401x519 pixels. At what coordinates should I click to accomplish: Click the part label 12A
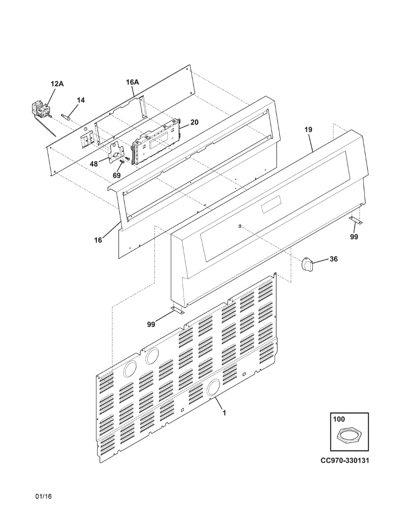click(57, 84)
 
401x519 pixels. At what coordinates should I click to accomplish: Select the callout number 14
click(81, 100)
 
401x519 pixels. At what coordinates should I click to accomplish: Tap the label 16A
click(132, 82)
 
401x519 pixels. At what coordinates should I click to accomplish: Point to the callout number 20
click(194, 122)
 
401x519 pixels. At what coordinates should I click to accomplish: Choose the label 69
click(116, 176)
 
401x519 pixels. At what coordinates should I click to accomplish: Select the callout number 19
click(308, 129)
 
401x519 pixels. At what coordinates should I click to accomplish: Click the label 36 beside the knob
click(334, 259)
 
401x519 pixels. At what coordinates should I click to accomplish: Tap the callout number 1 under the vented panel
click(224, 413)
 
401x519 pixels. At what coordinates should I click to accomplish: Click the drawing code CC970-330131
click(345, 460)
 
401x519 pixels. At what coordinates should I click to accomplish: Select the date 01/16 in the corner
click(44, 496)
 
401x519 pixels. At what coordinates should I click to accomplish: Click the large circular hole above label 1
click(213, 388)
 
